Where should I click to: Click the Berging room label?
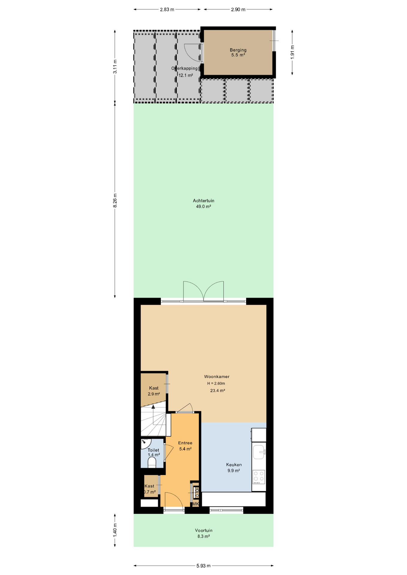tap(238, 50)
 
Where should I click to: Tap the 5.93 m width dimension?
tap(203, 566)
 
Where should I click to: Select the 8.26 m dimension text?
tap(115, 200)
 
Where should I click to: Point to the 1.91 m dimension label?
tap(293, 52)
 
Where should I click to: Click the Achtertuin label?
tap(203, 201)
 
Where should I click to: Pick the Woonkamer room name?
tap(217, 376)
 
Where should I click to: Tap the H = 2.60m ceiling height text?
tap(216, 383)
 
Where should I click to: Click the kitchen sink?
tap(259, 452)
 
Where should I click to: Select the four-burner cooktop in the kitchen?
tap(259, 477)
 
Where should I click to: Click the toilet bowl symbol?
tap(152, 462)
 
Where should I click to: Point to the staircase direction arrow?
tap(153, 415)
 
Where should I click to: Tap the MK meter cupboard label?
tap(195, 504)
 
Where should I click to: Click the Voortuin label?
tap(203, 530)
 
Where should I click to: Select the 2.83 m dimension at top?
tap(167, 10)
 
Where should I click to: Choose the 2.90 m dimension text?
tap(238, 10)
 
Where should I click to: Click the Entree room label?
tap(185, 443)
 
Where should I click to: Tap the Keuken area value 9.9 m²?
tap(233, 470)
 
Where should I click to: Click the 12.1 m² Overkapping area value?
tap(186, 75)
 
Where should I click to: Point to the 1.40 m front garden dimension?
tap(115, 531)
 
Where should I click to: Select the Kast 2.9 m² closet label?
tap(154, 391)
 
